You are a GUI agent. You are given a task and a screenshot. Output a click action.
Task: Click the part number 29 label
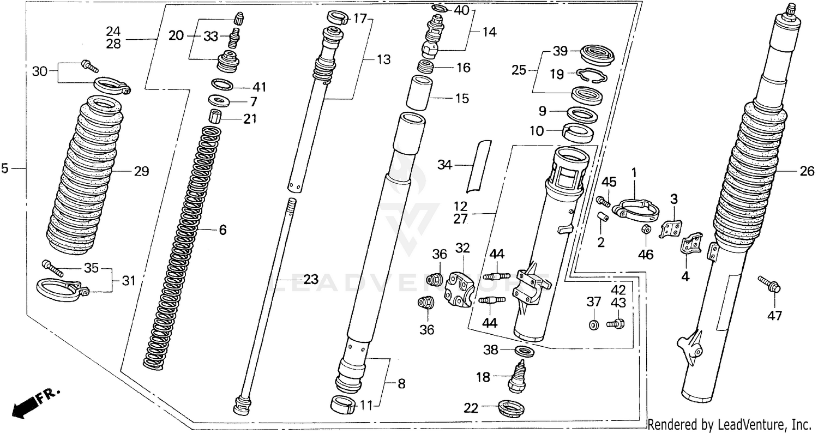coord(141,172)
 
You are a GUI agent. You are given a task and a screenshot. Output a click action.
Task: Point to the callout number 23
coord(310,280)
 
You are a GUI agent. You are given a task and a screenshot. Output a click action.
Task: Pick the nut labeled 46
coord(643,230)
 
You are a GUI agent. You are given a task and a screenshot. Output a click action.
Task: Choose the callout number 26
coord(807,172)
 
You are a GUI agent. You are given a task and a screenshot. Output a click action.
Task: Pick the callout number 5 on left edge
coord(5,169)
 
